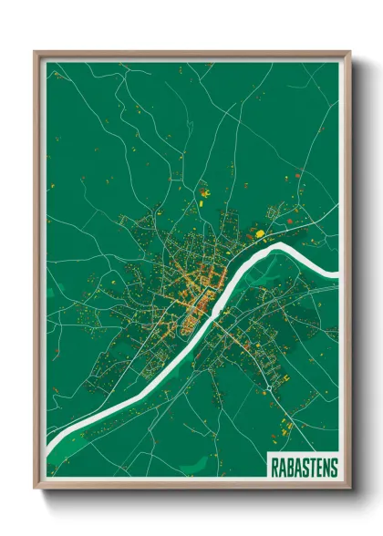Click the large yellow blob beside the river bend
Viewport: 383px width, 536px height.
(x=260, y=234)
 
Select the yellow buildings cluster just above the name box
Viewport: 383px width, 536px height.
(x=285, y=425)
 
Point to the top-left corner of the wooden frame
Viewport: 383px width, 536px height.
(x=36, y=52)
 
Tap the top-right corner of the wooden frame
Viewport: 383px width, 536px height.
(x=349, y=52)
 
